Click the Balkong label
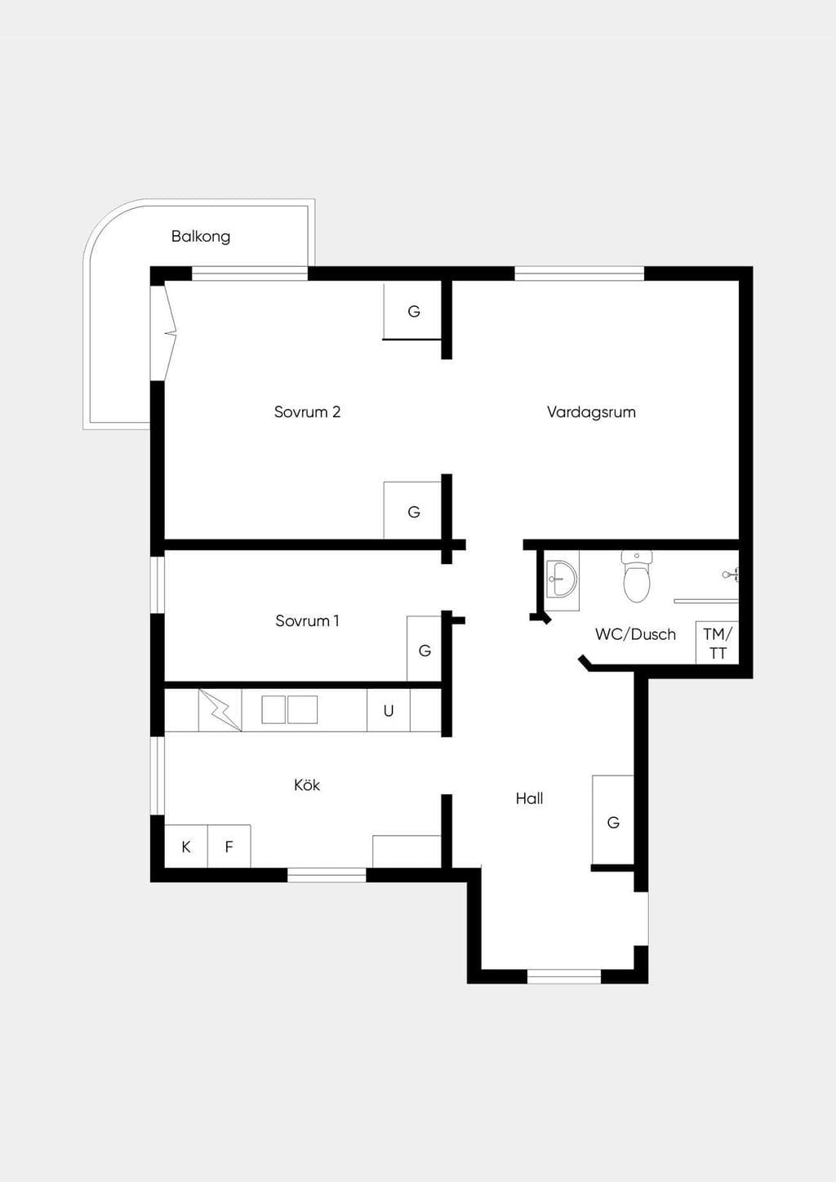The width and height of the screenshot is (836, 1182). coord(201,236)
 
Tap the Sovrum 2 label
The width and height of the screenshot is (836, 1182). coord(307,411)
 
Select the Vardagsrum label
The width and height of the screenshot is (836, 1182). coord(591,411)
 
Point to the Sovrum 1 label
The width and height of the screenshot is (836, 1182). coord(307,620)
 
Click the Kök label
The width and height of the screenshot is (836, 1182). coord(307,784)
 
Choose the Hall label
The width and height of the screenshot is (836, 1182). coord(529,798)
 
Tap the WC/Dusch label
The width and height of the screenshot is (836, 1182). coord(635,633)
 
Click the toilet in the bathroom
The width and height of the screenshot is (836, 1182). coord(637,575)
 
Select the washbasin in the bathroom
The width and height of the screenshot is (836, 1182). coord(562,580)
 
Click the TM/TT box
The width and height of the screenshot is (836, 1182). coord(717,642)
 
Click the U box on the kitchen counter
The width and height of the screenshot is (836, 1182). coord(389,710)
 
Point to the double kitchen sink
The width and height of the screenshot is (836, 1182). coord(290,709)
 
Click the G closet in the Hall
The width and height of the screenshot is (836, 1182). coord(613,820)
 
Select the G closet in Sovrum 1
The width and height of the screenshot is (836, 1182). coord(425,648)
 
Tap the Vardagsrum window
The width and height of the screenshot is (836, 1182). coord(580,273)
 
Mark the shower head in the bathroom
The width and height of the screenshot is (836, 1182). coord(731,574)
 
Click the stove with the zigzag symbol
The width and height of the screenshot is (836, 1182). coord(220,710)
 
